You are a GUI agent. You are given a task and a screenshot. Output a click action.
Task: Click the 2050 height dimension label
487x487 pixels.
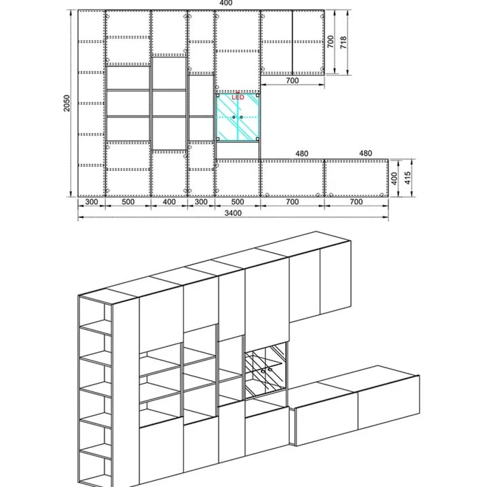tap(67, 103)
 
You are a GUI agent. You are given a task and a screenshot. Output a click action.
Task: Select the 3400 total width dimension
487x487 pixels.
tap(233, 213)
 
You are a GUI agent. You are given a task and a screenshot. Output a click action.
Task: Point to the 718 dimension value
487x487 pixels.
tap(343, 43)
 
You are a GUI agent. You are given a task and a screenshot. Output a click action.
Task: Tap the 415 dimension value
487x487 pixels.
tap(408, 178)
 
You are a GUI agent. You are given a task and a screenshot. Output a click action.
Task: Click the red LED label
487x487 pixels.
tap(238, 97)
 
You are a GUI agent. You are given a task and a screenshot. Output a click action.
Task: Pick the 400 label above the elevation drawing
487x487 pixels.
tap(226, 3)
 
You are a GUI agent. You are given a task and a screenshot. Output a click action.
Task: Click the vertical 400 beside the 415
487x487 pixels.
tap(394, 178)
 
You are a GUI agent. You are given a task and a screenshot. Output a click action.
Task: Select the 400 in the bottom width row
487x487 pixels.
tap(169, 201)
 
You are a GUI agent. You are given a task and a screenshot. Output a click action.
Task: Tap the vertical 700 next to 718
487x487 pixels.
tap(331, 42)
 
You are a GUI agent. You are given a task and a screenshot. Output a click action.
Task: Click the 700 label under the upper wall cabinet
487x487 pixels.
tap(292, 81)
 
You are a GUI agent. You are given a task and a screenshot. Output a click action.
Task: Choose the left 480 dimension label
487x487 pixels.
tap(302, 153)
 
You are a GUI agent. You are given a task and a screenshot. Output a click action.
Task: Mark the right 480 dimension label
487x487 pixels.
tap(365, 153)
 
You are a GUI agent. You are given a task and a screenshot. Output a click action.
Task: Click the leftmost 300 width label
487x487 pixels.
tap(91, 201)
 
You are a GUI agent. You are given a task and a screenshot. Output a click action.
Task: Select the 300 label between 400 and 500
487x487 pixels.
tap(201, 201)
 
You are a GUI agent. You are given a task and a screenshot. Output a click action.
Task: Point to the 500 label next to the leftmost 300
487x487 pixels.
tap(128, 201)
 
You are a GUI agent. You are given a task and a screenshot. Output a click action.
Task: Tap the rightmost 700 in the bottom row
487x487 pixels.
tap(356, 201)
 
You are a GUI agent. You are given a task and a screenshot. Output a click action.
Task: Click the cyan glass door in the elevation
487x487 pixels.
tap(237, 117)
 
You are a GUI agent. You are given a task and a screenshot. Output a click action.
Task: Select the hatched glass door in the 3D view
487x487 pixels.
tap(265, 370)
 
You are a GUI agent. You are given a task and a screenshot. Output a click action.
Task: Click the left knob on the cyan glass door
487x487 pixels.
tap(234, 117)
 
